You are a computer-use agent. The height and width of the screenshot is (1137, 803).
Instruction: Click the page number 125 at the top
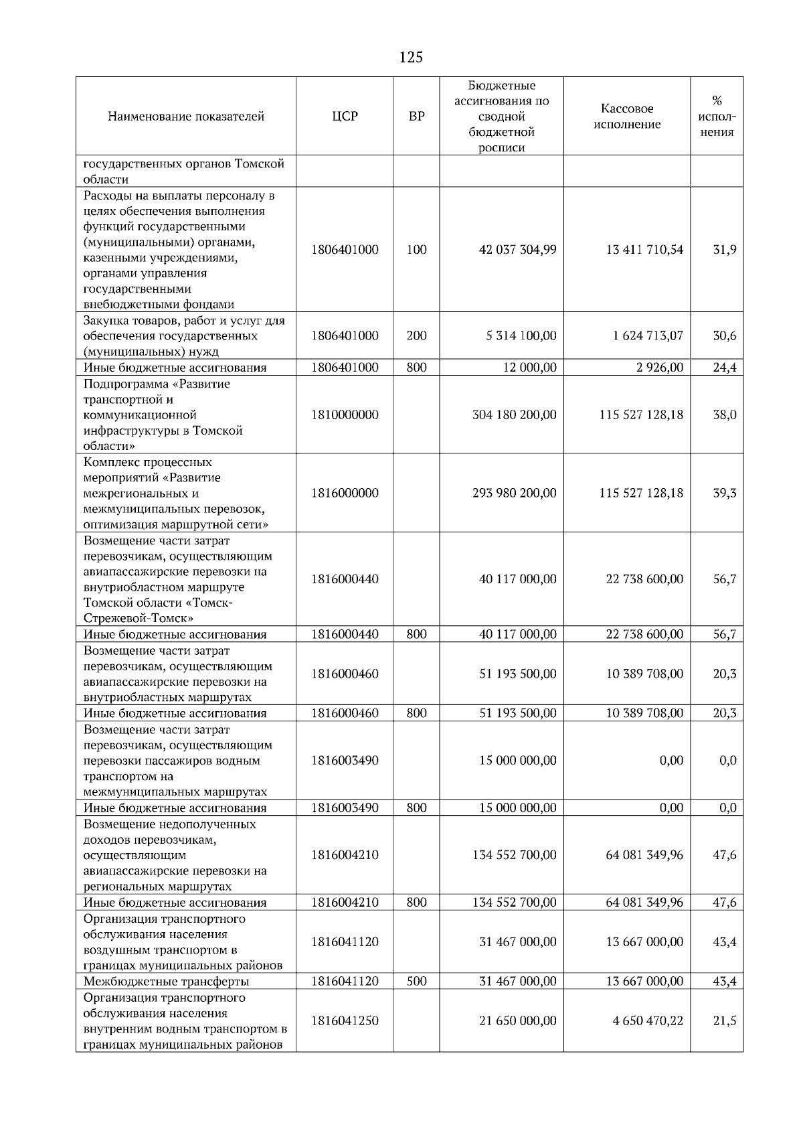point(410,58)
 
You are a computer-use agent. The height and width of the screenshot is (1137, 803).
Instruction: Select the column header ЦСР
point(345,117)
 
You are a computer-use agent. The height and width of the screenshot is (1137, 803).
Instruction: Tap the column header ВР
point(416,117)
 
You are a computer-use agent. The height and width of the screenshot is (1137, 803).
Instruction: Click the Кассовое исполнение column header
point(627,117)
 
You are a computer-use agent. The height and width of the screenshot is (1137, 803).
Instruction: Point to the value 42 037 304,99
point(517,250)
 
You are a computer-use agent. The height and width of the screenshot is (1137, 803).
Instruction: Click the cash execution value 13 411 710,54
point(644,250)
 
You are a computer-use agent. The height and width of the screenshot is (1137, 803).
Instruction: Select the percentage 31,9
point(724,250)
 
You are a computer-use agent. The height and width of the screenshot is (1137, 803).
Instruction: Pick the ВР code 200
point(416,335)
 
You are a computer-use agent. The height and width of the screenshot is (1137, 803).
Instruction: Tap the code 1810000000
point(345,414)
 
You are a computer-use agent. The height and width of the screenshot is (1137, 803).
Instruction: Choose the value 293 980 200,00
point(514,493)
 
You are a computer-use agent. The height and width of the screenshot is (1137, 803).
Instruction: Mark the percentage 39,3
point(724,493)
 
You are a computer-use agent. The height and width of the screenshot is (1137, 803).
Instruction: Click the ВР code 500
point(416,981)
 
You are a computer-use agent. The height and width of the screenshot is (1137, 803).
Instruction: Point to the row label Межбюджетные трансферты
point(166,982)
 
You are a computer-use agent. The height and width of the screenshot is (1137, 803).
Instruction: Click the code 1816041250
point(345,1020)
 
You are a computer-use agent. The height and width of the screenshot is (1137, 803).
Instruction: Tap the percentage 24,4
point(724,368)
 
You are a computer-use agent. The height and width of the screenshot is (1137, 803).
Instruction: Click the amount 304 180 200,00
point(514,414)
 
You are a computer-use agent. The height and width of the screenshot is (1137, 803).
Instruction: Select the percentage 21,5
point(724,1020)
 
